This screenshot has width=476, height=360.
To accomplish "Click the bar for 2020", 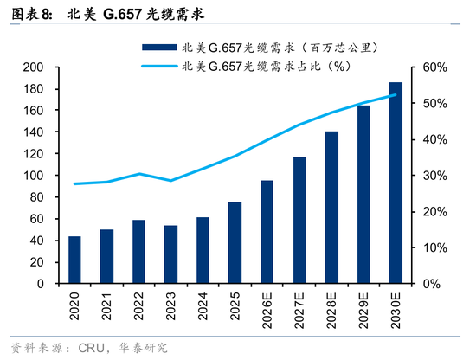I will (x=74, y=260).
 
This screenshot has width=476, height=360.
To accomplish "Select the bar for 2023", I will (x=170, y=254).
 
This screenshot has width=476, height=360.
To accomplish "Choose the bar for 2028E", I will (x=331, y=208).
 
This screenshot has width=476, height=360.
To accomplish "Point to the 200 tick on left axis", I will (x=34, y=67).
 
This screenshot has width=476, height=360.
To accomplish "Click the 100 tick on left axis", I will (x=34, y=176).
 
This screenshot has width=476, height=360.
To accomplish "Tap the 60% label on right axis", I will (x=434, y=67).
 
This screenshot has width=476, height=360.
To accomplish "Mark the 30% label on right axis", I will (x=434, y=176).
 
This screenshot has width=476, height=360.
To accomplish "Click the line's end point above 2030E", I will (x=395, y=95).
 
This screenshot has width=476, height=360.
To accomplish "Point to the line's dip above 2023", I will (x=170, y=180).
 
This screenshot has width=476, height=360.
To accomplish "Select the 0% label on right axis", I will (x=432, y=284).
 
